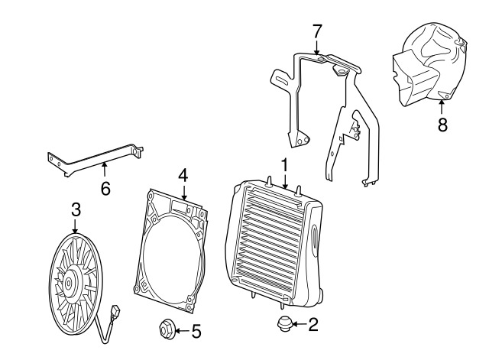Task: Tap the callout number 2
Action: coord(313,325)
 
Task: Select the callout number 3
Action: coord(76,209)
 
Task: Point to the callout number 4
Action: coord(183,175)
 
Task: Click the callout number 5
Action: coord(196,331)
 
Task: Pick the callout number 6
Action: coord(105,189)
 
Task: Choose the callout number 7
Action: coord(316,31)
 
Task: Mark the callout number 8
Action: coord(442,125)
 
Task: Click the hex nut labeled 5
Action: coord(167,329)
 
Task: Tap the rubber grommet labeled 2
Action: coord(284,324)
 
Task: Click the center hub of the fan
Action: coord(68,284)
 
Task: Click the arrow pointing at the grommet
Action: coord(299,324)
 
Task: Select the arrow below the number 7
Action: coord(316,47)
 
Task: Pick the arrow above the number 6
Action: coord(105,170)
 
